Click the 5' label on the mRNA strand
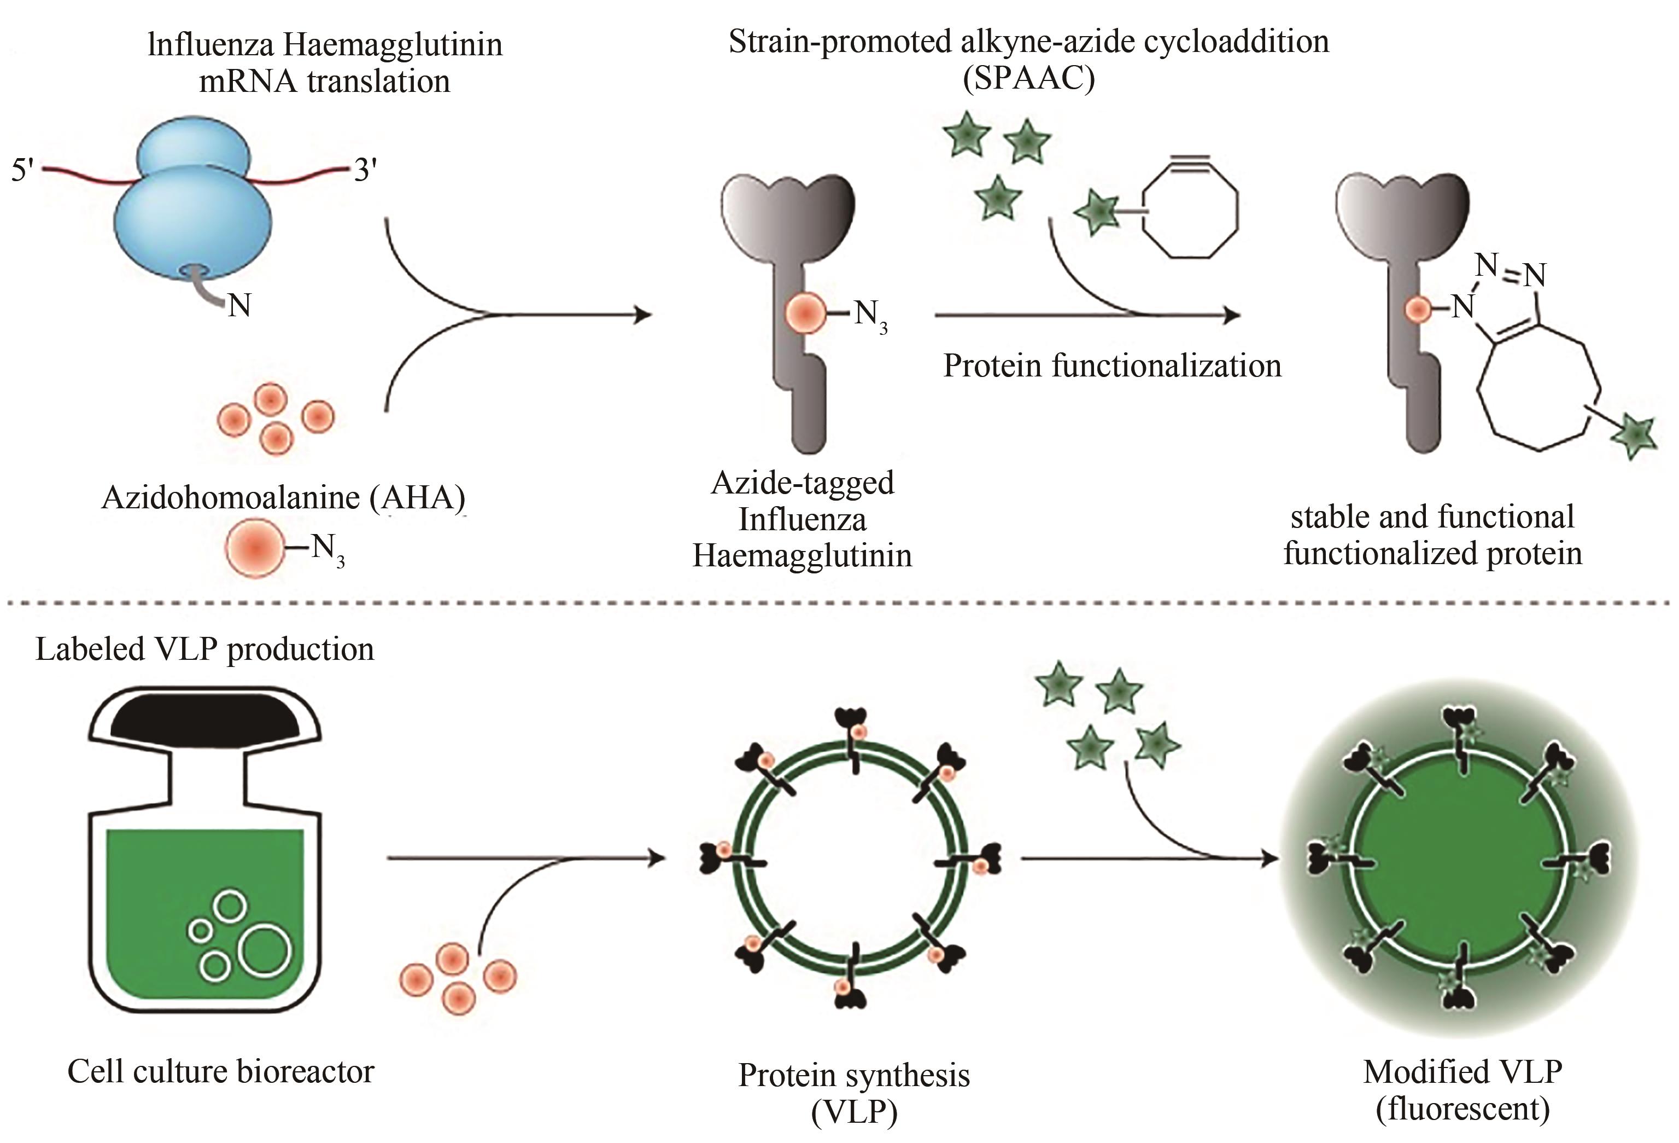[x=22, y=171]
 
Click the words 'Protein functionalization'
[x=1112, y=366]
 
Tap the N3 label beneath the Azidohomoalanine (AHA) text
[x=327, y=549]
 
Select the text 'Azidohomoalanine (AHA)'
[x=283, y=497]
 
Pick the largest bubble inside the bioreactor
[x=265, y=949]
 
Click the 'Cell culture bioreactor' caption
[x=220, y=1071]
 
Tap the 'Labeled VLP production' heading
[x=204, y=649]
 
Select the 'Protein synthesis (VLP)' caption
[x=854, y=1093]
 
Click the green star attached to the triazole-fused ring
[x=1634, y=436]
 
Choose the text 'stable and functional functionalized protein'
[x=1432, y=535]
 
